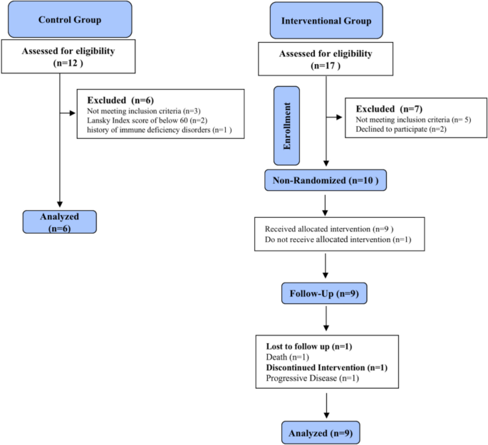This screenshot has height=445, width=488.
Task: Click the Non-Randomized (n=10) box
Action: point(325,179)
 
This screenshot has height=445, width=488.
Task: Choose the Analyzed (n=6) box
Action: point(59,221)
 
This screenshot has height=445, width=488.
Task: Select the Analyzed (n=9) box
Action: point(325,432)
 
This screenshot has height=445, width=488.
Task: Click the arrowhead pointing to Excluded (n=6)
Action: point(73,112)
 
